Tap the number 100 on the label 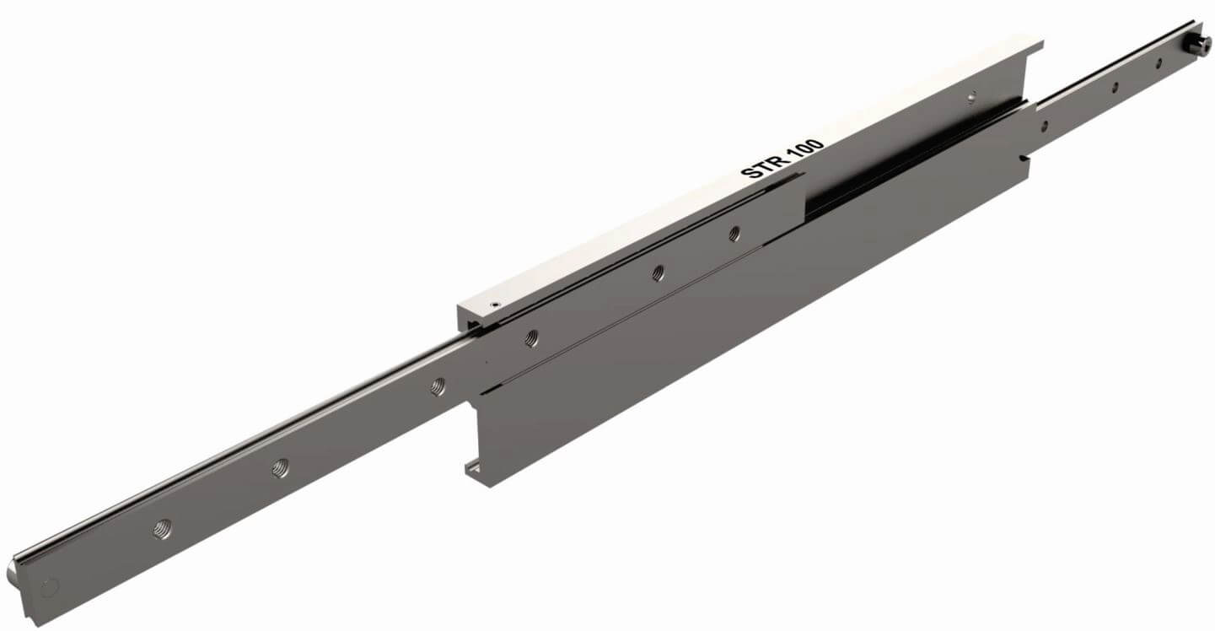(x=805, y=148)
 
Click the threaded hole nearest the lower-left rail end (x=162, y=528)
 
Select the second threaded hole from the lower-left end (x=281, y=467)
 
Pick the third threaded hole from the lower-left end (x=438, y=386)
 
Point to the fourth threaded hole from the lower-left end (x=532, y=338)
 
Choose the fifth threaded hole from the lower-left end (x=658, y=273)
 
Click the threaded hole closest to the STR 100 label (x=734, y=234)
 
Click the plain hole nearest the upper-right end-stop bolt (x=1159, y=63)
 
